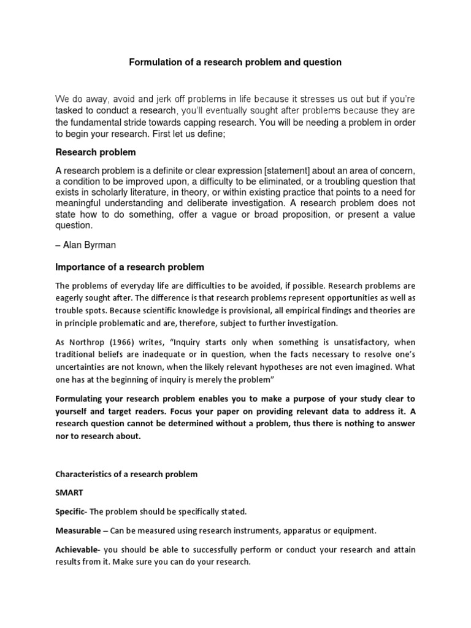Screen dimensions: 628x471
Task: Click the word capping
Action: pyautogui.click(x=185, y=122)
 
